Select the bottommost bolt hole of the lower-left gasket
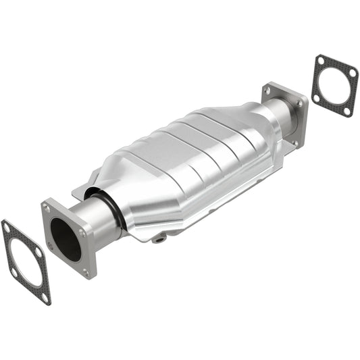[45, 296]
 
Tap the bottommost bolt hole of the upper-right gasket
[346, 110]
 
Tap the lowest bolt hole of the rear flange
[295, 143]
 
